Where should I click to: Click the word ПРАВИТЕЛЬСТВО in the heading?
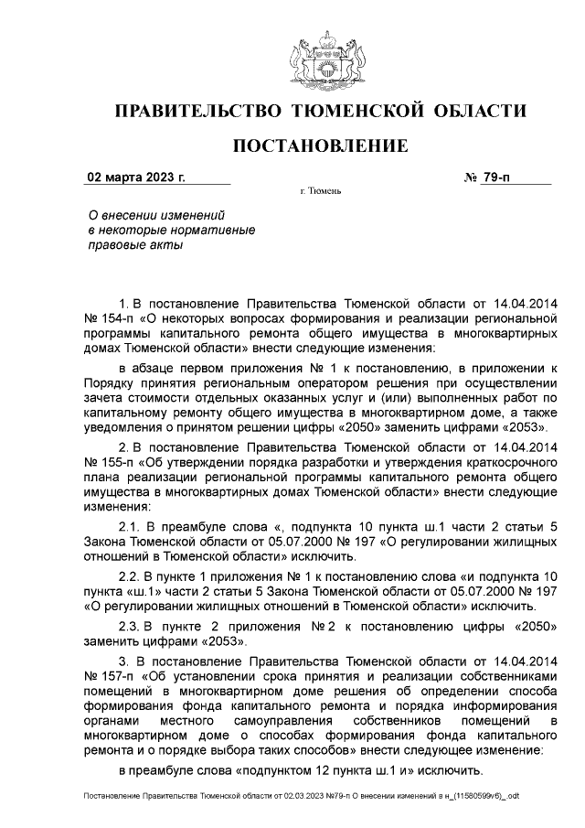click(x=196, y=113)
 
